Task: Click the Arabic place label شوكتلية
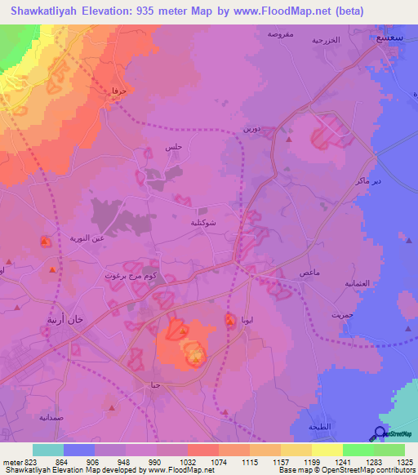(x=202, y=221)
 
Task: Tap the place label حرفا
(x=120, y=92)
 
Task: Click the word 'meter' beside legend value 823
(x=11, y=461)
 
